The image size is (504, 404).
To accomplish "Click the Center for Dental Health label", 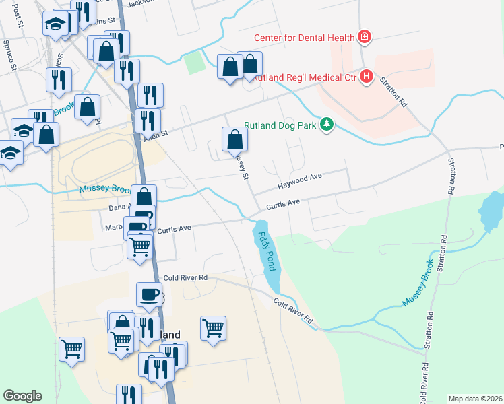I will [305, 38].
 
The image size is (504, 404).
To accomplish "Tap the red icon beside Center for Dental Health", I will [365, 36].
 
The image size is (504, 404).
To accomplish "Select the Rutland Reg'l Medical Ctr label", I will [305, 78].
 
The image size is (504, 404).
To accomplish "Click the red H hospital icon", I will [367, 77].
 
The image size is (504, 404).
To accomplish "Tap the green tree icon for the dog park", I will [327, 124].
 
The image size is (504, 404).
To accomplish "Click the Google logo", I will [23, 395].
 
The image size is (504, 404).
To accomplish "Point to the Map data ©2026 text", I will [475, 399].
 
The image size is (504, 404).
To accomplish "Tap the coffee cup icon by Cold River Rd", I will [149, 294].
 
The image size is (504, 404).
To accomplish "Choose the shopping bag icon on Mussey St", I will [235, 139].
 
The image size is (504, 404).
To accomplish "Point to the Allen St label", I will [155, 135].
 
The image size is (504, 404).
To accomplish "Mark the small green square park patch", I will [194, 63].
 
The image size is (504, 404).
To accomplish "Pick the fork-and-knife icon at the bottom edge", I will [129, 395].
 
